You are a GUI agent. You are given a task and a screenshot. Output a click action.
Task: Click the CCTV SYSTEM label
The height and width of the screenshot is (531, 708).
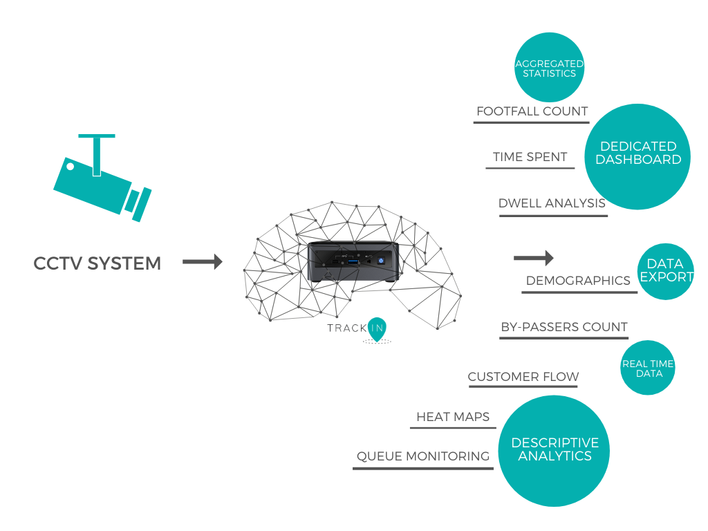97,263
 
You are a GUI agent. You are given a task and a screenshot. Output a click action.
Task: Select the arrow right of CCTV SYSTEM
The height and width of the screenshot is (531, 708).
203,261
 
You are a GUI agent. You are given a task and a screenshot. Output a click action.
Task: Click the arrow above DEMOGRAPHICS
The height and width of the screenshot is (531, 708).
534,258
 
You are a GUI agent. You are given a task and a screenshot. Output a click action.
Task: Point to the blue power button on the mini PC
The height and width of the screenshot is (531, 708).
381,261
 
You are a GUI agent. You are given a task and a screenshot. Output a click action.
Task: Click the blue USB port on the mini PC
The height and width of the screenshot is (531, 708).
353,261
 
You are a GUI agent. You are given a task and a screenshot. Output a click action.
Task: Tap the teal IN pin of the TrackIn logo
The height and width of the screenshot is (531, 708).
377,329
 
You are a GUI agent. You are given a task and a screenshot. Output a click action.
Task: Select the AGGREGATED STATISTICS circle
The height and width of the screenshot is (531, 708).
550,67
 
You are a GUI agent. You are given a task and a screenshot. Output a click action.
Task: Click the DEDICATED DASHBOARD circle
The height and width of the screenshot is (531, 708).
637,157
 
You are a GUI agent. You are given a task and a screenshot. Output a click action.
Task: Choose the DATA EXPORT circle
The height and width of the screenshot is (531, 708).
666,271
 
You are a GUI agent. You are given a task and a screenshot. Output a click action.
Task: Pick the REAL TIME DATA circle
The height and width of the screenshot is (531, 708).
648,368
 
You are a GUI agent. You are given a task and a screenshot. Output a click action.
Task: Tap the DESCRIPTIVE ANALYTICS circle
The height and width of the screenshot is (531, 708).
554,451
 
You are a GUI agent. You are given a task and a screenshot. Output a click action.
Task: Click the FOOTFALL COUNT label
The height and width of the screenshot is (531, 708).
532,111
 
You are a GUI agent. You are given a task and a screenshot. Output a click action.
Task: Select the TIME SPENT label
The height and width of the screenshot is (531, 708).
530,157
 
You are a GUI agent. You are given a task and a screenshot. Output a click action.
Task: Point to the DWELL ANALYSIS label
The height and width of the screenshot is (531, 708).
552,203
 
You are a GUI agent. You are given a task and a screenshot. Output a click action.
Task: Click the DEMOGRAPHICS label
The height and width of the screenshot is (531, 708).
578,281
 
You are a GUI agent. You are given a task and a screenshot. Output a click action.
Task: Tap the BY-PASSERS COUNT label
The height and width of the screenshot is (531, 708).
564,327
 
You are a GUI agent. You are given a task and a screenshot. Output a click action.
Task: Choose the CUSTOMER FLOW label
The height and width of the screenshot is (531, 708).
523,377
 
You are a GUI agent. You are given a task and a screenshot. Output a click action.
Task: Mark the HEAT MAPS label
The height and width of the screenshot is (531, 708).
453,417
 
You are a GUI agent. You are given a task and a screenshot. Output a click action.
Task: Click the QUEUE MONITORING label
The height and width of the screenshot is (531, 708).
423,456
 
